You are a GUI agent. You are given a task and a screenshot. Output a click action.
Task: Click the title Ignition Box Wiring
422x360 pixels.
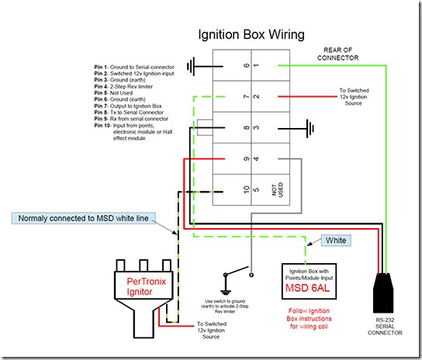pos(251,35)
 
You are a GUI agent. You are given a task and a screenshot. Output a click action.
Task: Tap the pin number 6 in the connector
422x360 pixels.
pos(246,65)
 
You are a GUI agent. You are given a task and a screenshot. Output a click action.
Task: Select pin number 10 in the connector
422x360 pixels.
pos(246,189)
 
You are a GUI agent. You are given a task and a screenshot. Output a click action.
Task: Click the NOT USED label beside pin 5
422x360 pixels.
pos(278,189)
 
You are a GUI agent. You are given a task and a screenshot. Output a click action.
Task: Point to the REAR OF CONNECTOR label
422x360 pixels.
pos(337,54)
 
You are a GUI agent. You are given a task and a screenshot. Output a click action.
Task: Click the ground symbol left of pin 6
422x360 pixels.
pos(191,66)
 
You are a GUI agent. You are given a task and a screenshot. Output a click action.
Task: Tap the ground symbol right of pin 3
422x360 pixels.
pos(310,129)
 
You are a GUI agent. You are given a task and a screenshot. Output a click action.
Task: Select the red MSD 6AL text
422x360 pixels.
pos(307,288)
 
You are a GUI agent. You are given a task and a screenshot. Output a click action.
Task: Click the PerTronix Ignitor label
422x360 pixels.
pos(146,286)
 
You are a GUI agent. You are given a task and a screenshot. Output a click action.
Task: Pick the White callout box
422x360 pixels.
pos(336,241)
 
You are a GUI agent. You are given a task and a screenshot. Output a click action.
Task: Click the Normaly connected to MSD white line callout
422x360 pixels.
pos(84,218)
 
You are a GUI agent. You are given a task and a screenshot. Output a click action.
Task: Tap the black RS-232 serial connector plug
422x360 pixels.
pos(383,292)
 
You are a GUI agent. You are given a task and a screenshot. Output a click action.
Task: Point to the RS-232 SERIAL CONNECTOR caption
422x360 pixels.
pos(385,327)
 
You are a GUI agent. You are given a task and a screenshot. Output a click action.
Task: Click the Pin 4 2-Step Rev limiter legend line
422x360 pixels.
pos(123,86)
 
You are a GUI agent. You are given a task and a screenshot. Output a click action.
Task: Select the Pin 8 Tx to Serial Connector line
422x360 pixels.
pos(129,112)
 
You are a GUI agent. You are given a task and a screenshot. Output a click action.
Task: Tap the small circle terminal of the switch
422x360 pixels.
pos(251,275)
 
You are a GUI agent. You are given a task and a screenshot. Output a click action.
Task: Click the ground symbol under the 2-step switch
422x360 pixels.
pos(225,292)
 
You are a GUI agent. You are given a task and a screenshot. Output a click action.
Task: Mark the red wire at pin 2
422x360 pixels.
pos(307,96)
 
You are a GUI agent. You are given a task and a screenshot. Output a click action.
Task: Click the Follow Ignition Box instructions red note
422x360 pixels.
pos(309,319)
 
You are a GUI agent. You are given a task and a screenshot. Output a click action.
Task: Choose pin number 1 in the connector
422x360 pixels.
pos(256,65)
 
